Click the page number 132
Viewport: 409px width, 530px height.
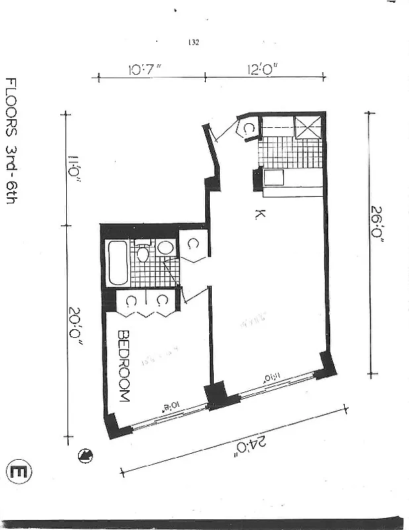coord(194,42)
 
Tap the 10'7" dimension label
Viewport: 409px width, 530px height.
coord(146,69)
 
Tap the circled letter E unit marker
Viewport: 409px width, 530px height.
coord(19,472)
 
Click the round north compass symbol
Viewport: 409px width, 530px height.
coord(85,454)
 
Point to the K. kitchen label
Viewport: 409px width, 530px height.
coord(259,213)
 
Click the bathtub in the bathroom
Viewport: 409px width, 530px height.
coord(118,263)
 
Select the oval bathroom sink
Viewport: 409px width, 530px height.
coord(166,248)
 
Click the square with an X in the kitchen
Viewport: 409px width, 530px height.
coord(308,127)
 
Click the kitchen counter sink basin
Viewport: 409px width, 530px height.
coord(274,177)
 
